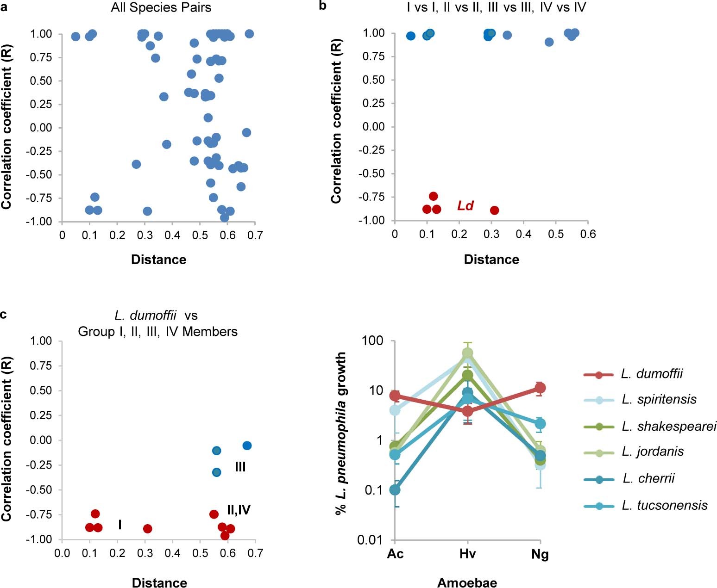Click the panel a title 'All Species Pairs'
pos(161,8)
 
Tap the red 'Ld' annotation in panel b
pos(465,205)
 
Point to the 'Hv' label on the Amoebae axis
pos(467,554)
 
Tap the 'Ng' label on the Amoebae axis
pos(540,554)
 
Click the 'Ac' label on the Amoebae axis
pos(395,554)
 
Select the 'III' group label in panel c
pos(240,467)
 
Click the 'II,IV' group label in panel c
pos(239,510)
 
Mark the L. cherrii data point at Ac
pos(395,489)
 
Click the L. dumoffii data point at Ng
pos(540,388)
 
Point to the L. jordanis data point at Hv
pos(467,353)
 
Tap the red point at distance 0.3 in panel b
pos(494,210)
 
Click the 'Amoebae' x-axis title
pos(467,582)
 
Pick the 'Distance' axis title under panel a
pos(158,260)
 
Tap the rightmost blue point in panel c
pos(247,446)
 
